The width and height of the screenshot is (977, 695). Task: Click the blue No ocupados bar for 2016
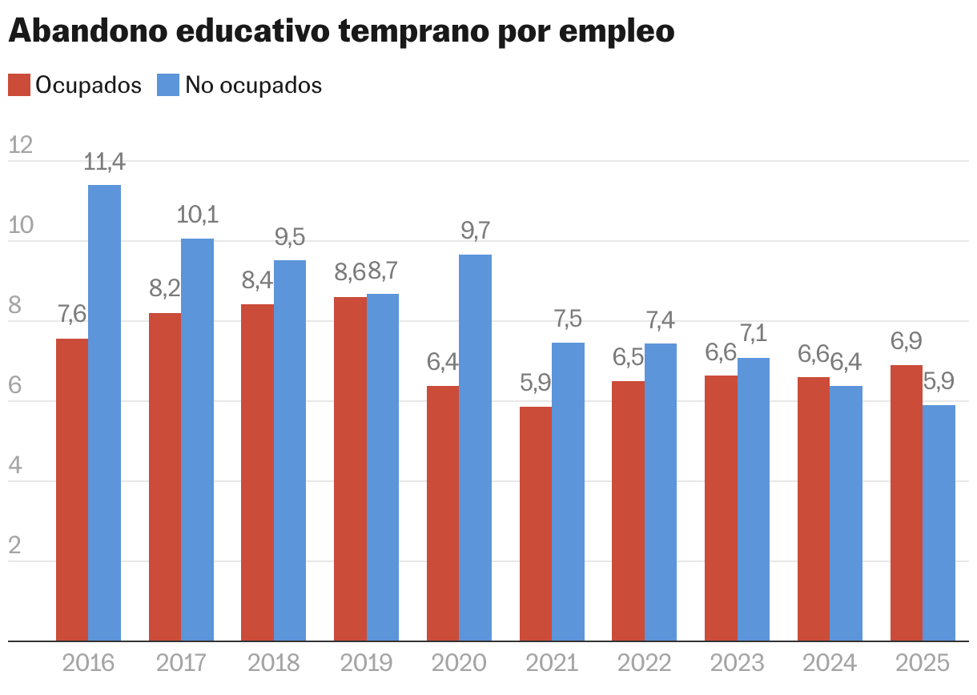[104, 412]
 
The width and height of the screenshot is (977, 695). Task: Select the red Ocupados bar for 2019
[350, 468]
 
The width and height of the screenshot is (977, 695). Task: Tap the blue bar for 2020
[475, 448]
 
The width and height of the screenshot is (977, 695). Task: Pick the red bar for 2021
[536, 524]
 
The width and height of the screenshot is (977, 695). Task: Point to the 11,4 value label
[104, 163]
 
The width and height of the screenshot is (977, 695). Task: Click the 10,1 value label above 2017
[197, 215]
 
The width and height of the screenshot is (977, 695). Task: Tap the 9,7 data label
[475, 231]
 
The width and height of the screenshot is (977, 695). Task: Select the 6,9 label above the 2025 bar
[907, 342]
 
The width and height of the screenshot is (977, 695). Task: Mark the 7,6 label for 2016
[72, 315]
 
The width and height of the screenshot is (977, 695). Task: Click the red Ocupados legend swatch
[18, 85]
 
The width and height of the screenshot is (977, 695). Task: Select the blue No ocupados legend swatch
[167, 85]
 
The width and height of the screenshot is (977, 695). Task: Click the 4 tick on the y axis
[14, 465]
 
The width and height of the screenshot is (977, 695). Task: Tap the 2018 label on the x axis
[273, 663]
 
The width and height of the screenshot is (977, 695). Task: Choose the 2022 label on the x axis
[644, 663]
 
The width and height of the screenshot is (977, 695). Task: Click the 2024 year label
[829, 663]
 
